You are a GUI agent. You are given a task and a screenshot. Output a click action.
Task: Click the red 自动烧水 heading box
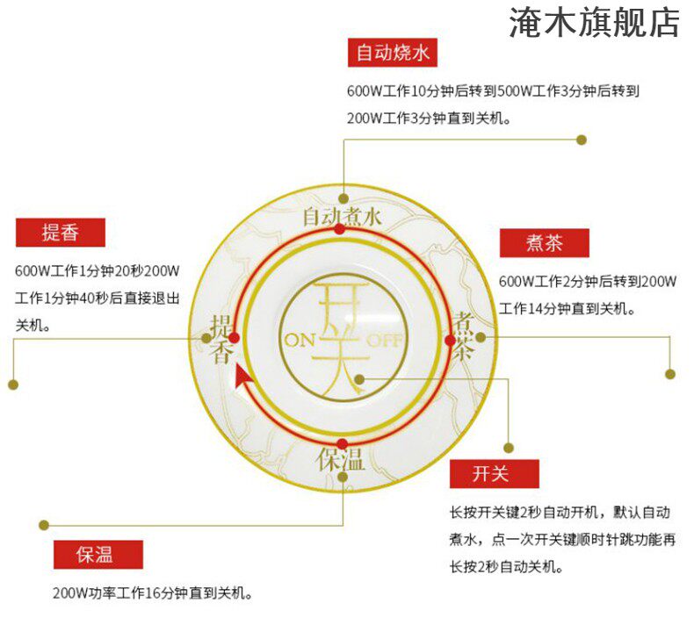click(392, 53)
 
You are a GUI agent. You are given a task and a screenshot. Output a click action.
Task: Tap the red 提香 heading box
click(60, 233)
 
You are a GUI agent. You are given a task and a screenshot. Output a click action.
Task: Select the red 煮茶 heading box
click(544, 243)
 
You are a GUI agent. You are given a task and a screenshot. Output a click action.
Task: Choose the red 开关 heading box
click(493, 473)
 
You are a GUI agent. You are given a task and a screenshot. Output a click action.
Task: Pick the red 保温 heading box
click(96, 555)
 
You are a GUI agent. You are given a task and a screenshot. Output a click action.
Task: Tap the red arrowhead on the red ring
click(243, 377)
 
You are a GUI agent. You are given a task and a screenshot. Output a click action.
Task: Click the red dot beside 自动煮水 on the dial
click(341, 229)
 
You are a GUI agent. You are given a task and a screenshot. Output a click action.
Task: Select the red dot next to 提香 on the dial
click(235, 337)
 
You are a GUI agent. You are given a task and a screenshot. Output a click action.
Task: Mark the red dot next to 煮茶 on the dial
click(450, 338)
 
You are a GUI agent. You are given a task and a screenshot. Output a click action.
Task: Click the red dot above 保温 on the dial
click(342, 443)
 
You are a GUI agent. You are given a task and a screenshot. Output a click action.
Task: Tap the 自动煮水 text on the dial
click(342, 214)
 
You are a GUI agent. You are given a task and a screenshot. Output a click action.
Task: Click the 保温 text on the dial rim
click(342, 459)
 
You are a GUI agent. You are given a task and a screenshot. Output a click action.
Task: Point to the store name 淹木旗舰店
click(594, 23)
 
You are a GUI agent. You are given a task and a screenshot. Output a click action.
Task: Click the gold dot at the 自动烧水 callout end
click(581, 139)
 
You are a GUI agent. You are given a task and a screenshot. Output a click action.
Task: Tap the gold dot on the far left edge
click(13, 384)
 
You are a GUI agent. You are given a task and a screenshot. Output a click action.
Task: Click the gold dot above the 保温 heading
click(43, 525)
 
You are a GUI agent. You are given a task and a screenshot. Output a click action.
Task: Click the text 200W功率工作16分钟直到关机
click(152, 594)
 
